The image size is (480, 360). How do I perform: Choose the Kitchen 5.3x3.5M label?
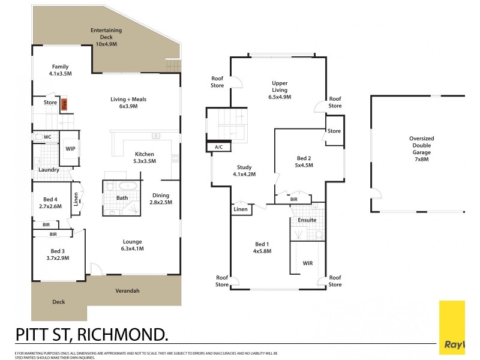(x=145, y=157)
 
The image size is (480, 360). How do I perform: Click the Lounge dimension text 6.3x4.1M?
(x=132, y=248)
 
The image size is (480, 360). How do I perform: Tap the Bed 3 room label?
(x=57, y=254)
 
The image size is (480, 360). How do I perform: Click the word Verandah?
(x=127, y=291)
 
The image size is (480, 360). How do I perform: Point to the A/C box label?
(x=215, y=146)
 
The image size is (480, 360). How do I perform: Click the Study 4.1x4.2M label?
(x=244, y=171)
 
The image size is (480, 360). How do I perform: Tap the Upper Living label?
(x=280, y=88)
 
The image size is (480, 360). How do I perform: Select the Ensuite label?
(x=307, y=220)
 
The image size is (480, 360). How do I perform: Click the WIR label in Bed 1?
(x=308, y=263)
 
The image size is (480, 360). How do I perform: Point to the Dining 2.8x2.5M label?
(x=161, y=199)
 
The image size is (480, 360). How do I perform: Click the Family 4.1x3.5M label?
(x=61, y=70)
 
